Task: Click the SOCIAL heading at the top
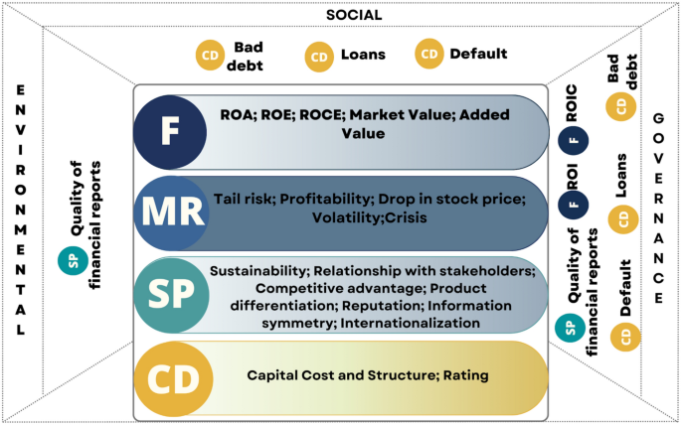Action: (354, 15)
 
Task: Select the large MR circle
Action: (170, 213)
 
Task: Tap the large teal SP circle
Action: (170, 295)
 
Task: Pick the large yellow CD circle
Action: (170, 377)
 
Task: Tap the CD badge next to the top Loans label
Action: (319, 57)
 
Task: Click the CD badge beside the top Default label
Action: (428, 55)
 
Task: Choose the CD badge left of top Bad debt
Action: (211, 55)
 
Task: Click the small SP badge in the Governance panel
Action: (569, 327)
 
